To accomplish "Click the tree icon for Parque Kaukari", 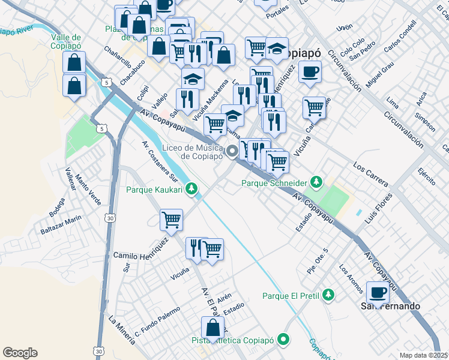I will coord(191,190).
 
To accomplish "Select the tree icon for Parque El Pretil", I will coord(328,295).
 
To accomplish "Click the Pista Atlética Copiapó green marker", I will coord(283,340).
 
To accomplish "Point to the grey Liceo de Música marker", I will coord(233,152).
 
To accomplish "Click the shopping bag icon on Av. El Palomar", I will coord(212,328).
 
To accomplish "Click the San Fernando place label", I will coord(390,306).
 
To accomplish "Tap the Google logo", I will coord(20,353).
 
